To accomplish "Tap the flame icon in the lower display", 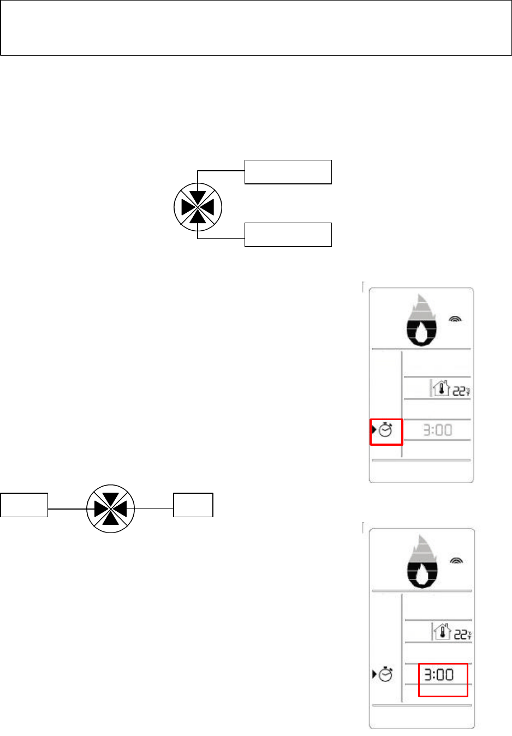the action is coord(422,564).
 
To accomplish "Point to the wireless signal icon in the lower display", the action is coord(456,560).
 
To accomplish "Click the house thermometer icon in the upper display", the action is coord(440,388).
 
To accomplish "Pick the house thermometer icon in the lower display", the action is coord(442,632).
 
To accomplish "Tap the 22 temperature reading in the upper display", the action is coord(461,391).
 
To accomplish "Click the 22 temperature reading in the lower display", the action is coord(462,635).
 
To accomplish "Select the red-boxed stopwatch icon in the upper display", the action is coord(386,430).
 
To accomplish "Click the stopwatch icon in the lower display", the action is coord(386,674).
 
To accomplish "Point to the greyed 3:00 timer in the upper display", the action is coord(438,430).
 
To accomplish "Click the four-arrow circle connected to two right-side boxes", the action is coord(198,207).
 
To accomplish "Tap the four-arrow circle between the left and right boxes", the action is coord(111,508).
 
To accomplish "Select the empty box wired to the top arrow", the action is coord(288,172).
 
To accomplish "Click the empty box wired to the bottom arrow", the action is coord(288,235).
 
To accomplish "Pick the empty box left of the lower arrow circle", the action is coord(24,505).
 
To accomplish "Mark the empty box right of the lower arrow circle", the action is coord(193,505).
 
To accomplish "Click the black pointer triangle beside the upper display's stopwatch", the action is coord(374,430).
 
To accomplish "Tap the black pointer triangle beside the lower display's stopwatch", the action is coord(374,674).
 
